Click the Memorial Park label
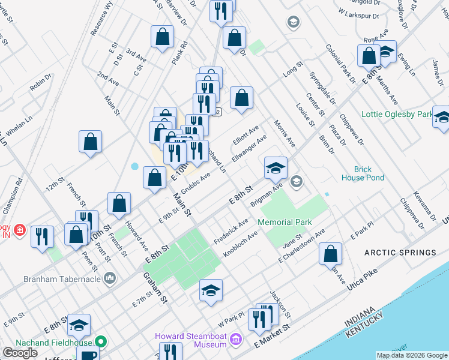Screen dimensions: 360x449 pyautogui.click(x=285, y=222)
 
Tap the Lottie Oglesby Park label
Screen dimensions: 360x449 pyautogui.click(x=397, y=114)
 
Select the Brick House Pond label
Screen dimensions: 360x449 pyautogui.click(x=363, y=173)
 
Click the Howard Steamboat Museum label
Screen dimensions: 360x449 pyautogui.click(x=191, y=340)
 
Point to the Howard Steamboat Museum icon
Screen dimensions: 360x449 pyautogui.click(x=236, y=340)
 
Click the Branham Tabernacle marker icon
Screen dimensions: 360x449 pyautogui.click(x=109, y=278)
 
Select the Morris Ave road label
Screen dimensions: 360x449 pyautogui.click(x=285, y=134)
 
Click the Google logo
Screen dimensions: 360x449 pyautogui.click(x=20, y=353)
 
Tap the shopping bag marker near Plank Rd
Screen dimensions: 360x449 pyautogui.click(x=162, y=37)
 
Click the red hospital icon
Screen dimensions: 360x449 pyautogui.click(x=20, y=230)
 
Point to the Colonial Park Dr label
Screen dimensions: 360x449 pyautogui.click(x=341, y=63)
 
